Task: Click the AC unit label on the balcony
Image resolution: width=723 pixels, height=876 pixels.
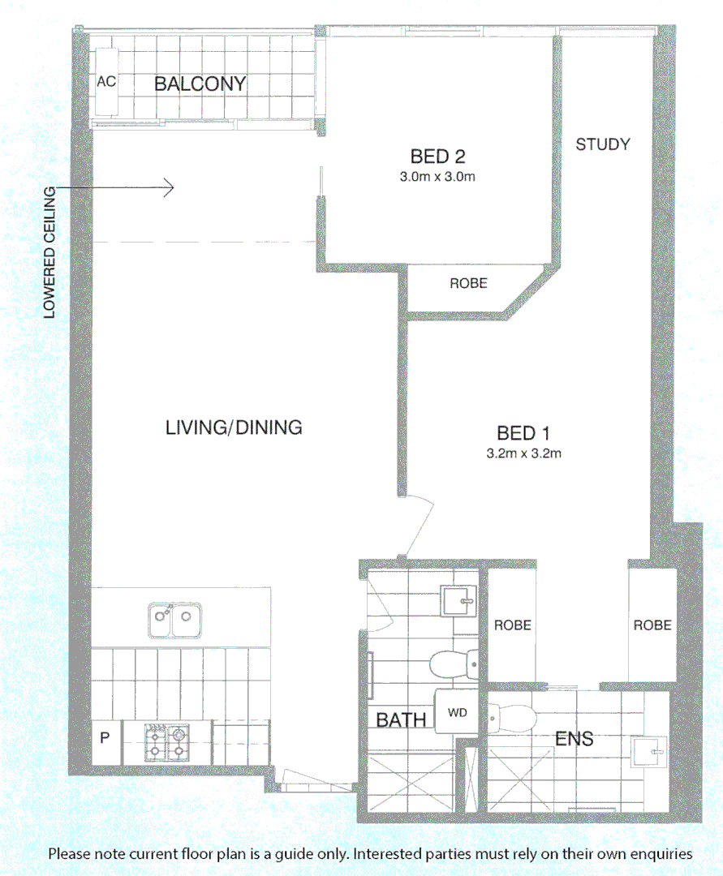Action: tap(105, 82)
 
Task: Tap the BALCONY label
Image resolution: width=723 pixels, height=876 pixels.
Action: tap(200, 84)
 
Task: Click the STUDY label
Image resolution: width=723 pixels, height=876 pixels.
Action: tap(602, 144)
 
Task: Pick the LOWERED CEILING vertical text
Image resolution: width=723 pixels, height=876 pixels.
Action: tap(50, 251)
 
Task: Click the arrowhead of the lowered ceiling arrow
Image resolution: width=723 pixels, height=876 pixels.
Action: tap(170, 188)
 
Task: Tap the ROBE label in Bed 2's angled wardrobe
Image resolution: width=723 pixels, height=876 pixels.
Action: tap(468, 283)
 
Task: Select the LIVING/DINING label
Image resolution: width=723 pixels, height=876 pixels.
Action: tap(234, 427)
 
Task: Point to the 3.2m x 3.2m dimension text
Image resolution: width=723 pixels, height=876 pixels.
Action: tap(524, 454)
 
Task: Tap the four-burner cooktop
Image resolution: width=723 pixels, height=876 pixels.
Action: tap(166, 741)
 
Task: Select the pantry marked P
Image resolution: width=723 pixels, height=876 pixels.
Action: tap(105, 738)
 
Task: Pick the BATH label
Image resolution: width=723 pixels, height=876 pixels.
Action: tap(401, 719)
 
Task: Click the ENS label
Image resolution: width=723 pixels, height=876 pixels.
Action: tap(574, 738)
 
